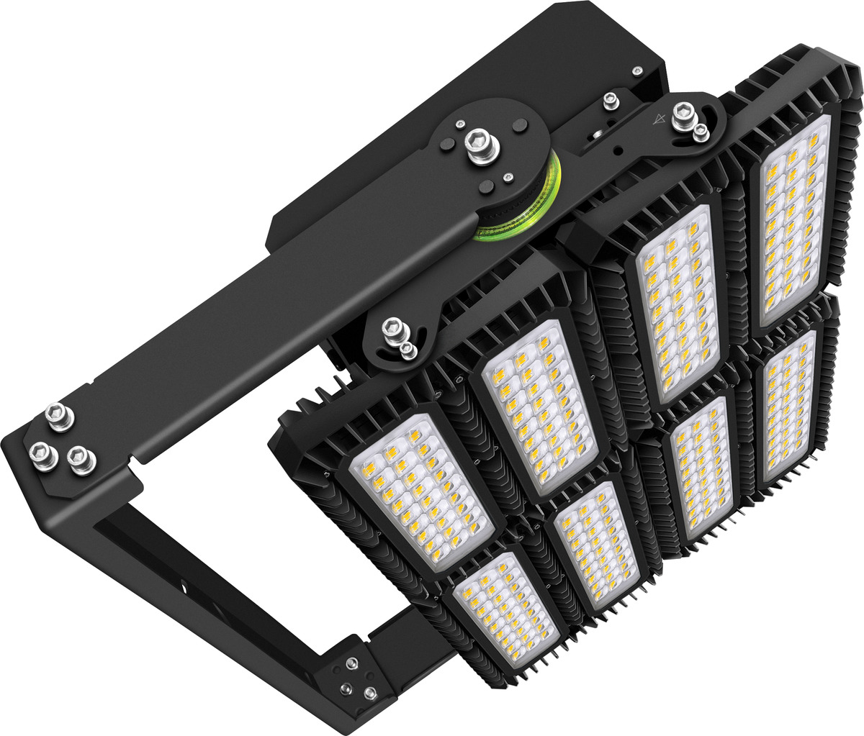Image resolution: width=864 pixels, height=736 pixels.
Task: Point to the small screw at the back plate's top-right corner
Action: [636, 71]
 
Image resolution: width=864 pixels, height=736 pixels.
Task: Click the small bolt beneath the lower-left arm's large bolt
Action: [407, 350]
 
